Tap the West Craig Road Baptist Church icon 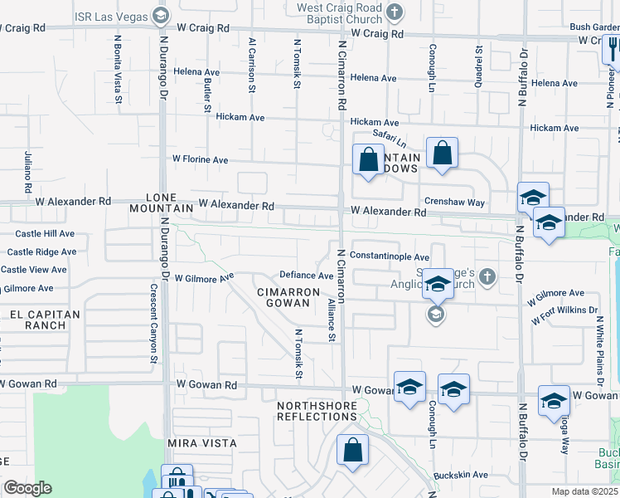(x=395, y=12)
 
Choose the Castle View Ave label (x=34, y=270)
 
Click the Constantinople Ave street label (x=390, y=257)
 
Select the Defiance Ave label (x=306, y=276)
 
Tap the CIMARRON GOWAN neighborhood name (x=288, y=298)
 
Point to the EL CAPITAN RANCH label (x=46, y=320)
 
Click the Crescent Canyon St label (x=153, y=325)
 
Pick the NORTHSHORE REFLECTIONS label (x=317, y=411)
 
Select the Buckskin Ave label (x=460, y=475)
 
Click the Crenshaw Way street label (x=454, y=203)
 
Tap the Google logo (x=27, y=488)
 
